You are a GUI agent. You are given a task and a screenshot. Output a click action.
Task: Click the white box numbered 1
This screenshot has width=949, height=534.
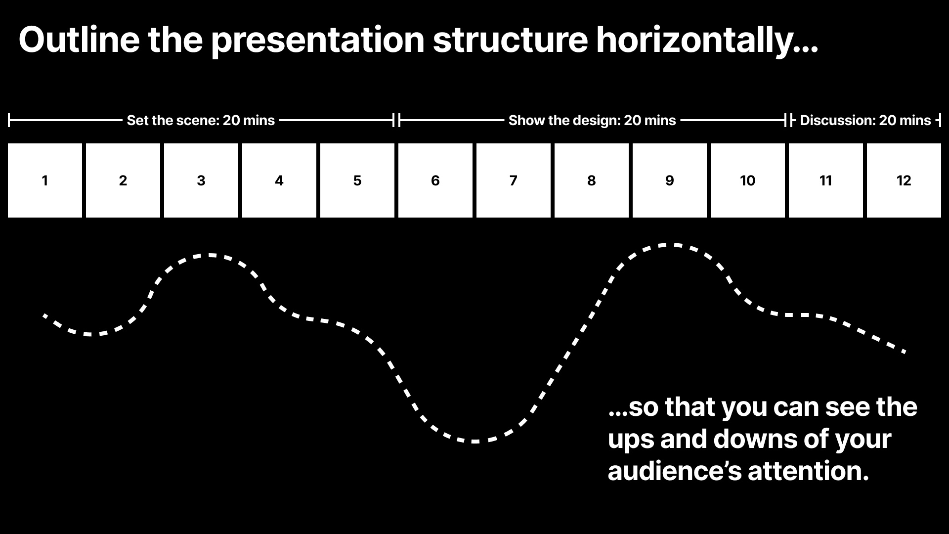[45, 180]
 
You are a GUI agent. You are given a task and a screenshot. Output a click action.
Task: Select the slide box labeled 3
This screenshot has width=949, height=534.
[201, 180]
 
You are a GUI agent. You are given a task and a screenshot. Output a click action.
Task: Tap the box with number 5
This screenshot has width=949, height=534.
[357, 180]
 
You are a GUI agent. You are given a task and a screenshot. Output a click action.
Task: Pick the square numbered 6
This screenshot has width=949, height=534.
[435, 180]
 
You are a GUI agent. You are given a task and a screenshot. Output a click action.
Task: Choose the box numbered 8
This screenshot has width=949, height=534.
[592, 180]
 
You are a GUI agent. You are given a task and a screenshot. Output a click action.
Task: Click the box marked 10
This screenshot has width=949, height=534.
[748, 180]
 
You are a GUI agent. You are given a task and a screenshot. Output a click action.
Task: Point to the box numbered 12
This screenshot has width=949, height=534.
[904, 180]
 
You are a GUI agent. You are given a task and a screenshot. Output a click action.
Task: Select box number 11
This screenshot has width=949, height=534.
[826, 180]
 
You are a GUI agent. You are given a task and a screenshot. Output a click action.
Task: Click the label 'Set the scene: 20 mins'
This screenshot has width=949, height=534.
[201, 120]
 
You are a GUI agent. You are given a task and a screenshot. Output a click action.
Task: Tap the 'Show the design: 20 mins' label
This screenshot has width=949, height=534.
[592, 120]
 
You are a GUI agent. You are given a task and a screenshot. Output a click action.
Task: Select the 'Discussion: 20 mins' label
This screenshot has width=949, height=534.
[865, 120]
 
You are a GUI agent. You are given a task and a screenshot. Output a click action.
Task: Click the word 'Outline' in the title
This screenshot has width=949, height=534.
[80, 40]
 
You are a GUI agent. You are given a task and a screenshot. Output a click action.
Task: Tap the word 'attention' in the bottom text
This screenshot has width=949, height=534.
[808, 471]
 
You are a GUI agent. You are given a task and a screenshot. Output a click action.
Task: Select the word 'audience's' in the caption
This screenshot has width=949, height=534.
[675, 471]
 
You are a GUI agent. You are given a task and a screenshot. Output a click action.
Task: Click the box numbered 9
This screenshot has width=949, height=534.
[670, 180]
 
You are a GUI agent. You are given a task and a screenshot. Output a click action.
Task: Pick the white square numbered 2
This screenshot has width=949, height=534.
[123, 180]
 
